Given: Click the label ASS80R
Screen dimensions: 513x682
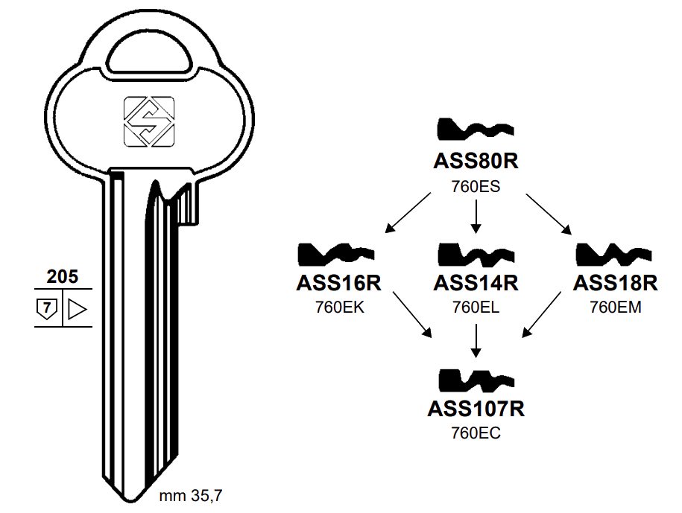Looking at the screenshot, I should (x=475, y=161).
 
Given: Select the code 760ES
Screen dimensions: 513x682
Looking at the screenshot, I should (x=475, y=186).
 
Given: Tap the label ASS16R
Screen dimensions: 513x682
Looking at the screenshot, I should (x=339, y=283).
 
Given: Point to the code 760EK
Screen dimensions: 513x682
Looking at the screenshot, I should (x=339, y=308).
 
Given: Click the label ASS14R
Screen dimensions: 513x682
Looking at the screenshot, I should (x=476, y=283).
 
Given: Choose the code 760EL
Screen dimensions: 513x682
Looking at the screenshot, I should (x=476, y=308).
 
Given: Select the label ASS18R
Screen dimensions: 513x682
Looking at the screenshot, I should (x=615, y=283).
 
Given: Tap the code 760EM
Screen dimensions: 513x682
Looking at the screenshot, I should (x=615, y=308).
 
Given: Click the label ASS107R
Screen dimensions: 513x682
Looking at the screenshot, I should (x=476, y=408).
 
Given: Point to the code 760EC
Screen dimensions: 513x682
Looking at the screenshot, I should (x=476, y=433).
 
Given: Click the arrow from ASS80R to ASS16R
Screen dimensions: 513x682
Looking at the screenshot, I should (x=409, y=211).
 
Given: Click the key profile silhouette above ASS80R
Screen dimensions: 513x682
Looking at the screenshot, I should (x=475, y=131).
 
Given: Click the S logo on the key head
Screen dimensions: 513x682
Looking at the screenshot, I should (x=148, y=121).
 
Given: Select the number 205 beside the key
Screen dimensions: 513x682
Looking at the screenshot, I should (x=62, y=277).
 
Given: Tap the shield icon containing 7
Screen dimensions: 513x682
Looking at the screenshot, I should (x=47, y=308).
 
